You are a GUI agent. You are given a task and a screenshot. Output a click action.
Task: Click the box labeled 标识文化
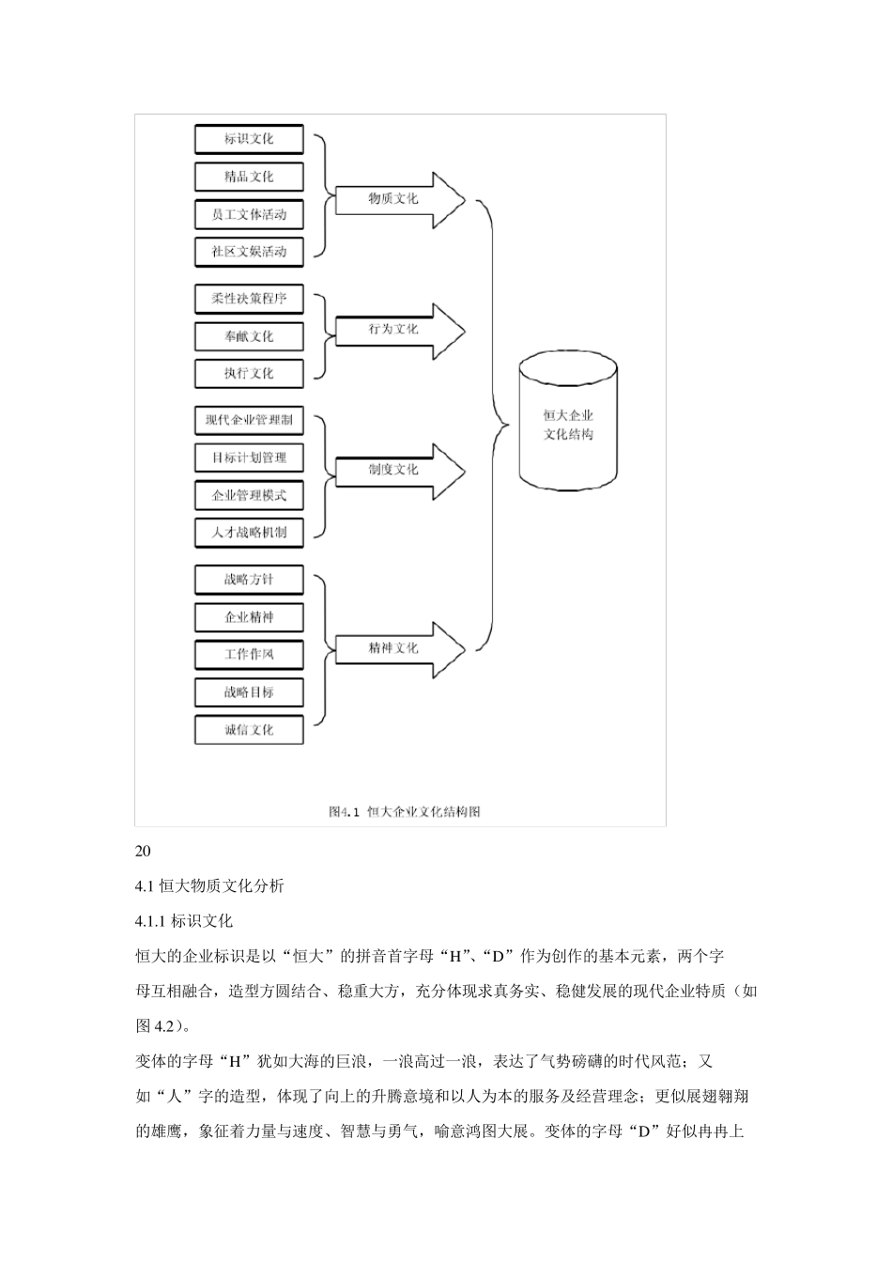pyautogui.click(x=249, y=139)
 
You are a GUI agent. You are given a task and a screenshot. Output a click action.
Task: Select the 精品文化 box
pyautogui.click(x=249, y=177)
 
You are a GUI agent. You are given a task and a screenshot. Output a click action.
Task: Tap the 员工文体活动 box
pyautogui.click(x=249, y=214)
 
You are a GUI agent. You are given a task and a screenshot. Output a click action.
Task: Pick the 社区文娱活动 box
pyautogui.click(x=249, y=252)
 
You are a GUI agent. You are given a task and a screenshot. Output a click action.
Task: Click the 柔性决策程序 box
pyautogui.click(x=249, y=299)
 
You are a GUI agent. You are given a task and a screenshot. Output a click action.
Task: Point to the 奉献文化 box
pyautogui.click(x=249, y=336)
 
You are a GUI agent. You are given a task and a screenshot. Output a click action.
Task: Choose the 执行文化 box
pyautogui.click(x=249, y=374)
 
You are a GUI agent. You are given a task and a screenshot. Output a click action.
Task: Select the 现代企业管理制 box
pyautogui.click(x=249, y=420)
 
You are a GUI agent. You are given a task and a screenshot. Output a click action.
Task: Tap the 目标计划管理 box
pyautogui.click(x=249, y=457)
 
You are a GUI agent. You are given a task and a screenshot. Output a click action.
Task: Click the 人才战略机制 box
pyautogui.click(x=249, y=532)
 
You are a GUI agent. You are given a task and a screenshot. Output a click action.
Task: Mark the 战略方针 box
pyautogui.click(x=249, y=579)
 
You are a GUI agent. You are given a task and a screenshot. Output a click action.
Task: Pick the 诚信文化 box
pyautogui.click(x=249, y=730)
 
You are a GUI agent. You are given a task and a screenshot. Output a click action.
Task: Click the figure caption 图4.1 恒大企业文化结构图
pyautogui.click(x=405, y=811)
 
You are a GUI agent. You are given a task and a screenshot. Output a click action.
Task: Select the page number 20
pyautogui.click(x=143, y=852)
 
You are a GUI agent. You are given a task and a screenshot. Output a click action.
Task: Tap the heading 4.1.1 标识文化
pyautogui.click(x=184, y=921)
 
